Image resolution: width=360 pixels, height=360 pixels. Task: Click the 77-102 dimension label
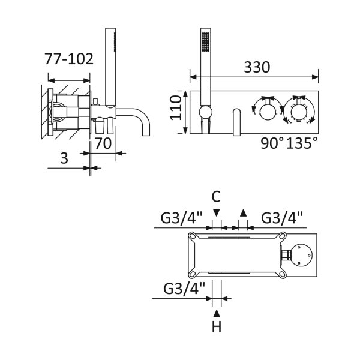[x=69, y=59]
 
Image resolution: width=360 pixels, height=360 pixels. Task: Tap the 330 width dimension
[x=257, y=67]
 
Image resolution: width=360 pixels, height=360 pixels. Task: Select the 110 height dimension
[x=176, y=108]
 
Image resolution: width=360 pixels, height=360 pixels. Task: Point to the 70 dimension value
[x=103, y=143]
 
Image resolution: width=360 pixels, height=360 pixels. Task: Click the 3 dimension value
[x=64, y=158]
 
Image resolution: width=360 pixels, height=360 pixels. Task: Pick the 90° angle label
[x=272, y=143]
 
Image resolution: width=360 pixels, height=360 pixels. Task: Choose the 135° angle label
[x=302, y=143]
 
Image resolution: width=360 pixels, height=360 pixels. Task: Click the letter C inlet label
[x=216, y=197]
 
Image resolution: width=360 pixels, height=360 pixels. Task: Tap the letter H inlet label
[x=217, y=326]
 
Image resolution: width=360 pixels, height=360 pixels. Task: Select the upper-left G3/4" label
[x=182, y=218]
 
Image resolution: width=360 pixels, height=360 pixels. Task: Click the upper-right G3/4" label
[x=282, y=218]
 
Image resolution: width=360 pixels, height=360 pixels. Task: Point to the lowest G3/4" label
[x=184, y=289]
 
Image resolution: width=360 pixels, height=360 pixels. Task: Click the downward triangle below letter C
[x=216, y=213]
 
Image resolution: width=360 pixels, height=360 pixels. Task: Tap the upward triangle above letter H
[x=217, y=313]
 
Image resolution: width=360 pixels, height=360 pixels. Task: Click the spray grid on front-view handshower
[x=205, y=41]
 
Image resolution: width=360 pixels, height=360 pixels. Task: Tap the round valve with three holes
[x=301, y=255]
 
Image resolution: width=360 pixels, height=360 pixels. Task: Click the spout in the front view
[x=237, y=122]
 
